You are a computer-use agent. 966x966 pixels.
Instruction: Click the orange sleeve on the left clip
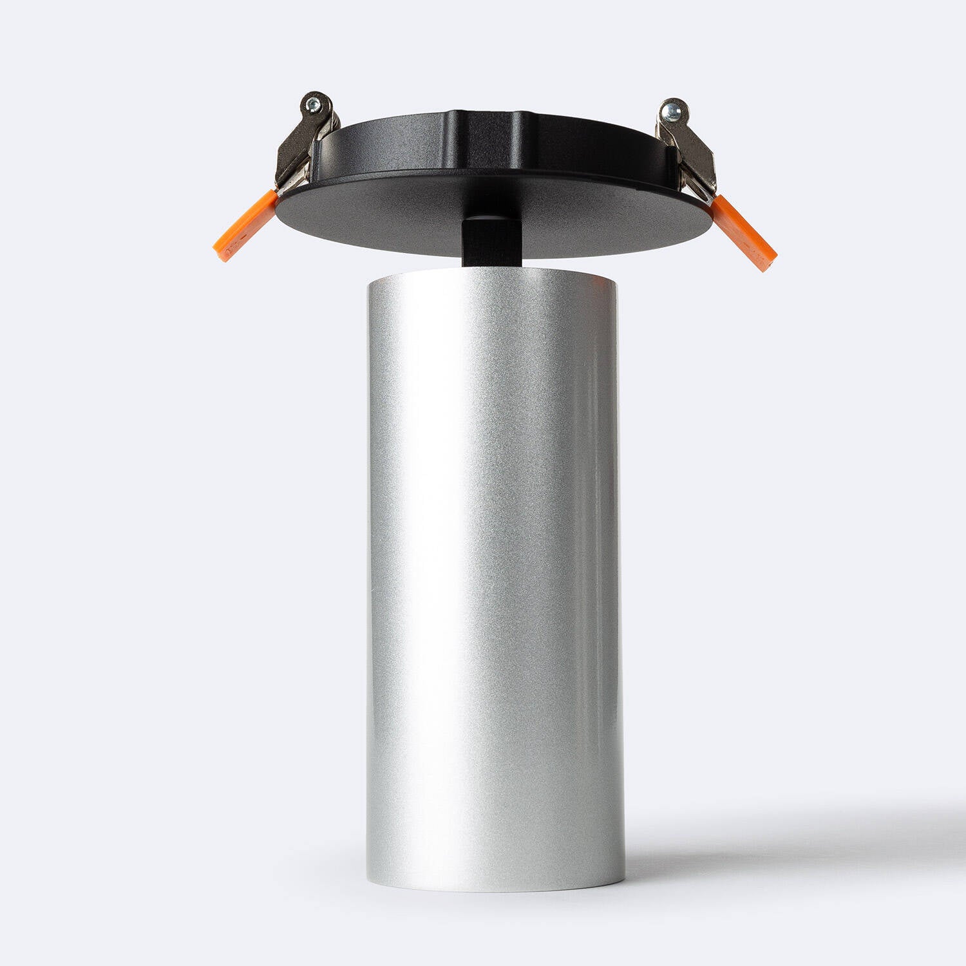pyautogui.click(x=245, y=225)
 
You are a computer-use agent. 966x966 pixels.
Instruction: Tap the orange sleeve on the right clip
pyautogui.click(x=744, y=232)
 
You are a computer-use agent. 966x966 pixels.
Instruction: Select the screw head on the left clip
pyautogui.click(x=314, y=103)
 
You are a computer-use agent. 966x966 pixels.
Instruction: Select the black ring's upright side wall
pyautogui.click(x=399, y=145)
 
